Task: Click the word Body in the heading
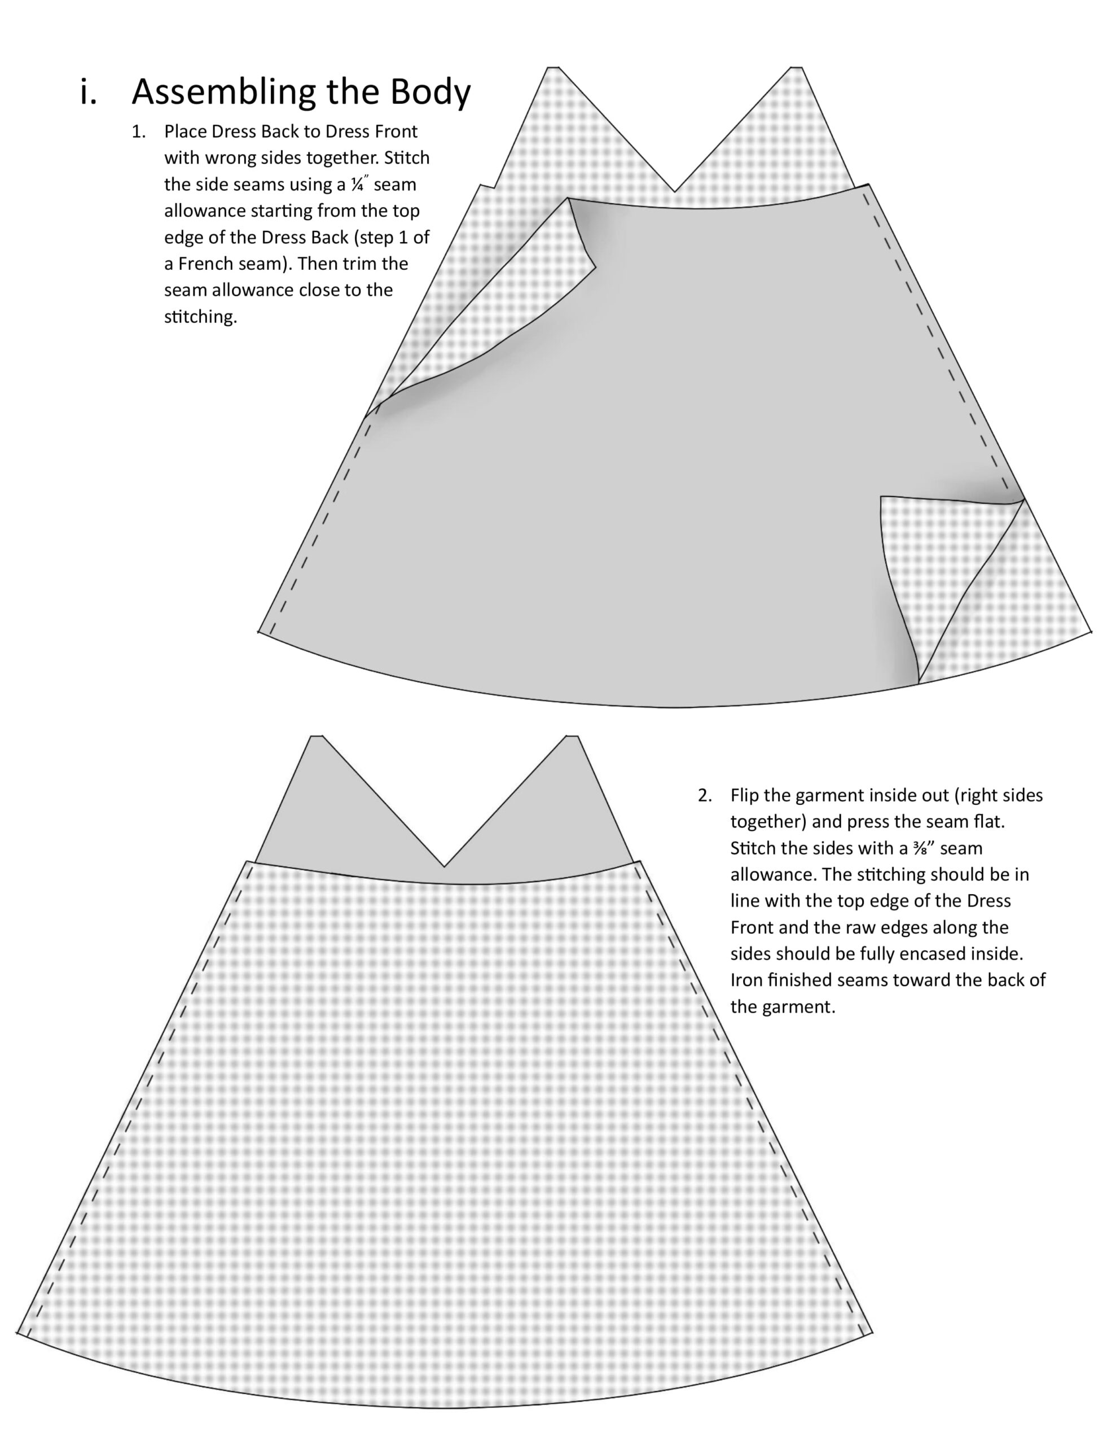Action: tap(430, 92)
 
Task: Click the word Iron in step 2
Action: tap(745, 979)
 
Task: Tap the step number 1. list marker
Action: tap(138, 132)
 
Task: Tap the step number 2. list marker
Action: tap(705, 795)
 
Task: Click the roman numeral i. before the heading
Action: tap(88, 92)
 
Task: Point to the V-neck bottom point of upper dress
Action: tap(675, 192)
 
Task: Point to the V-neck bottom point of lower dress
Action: tap(445, 866)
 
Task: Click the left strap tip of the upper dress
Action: tap(553, 68)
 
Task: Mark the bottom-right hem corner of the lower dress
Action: tap(873, 1333)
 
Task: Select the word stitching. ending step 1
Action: tap(200, 317)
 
